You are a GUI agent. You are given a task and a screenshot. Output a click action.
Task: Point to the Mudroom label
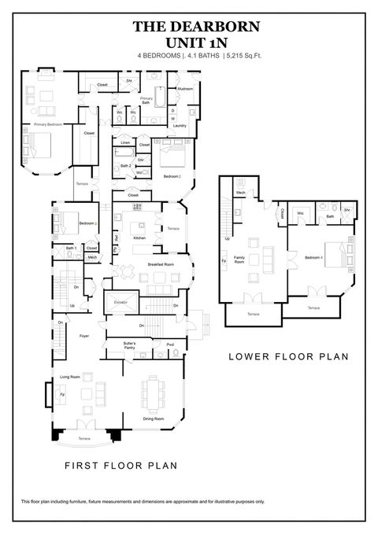pyautogui.click(x=184, y=89)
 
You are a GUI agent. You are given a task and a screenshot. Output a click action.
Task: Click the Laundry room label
pyautogui.click(x=180, y=126)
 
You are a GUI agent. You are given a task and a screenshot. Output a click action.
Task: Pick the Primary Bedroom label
pyautogui.click(x=46, y=124)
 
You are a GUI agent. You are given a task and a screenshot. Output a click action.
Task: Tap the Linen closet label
pyautogui.click(x=125, y=142)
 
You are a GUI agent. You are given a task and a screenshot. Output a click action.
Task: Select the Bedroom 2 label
pyautogui.click(x=172, y=176)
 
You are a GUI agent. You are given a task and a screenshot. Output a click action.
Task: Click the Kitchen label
pyautogui.click(x=139, y=237)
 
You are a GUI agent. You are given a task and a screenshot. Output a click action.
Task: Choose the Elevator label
pyautogui.click(x=120, y=301)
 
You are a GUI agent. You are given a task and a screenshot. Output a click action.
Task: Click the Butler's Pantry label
pyautogui.click(x=131, y=346)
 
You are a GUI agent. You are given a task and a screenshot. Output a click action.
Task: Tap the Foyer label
pyautogui.click(x=83, y=336)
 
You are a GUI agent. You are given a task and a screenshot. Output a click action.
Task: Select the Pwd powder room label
pyautogui.click(x=170, y=344)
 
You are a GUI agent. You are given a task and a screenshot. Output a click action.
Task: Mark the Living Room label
pyautogui.click(x=70, y=377)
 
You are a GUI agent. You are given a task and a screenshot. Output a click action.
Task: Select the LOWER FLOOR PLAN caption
pyautogui.click(x=288, y=355)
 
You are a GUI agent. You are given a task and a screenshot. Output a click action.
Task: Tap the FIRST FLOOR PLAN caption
pyautogui.click(x=120, y=465)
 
